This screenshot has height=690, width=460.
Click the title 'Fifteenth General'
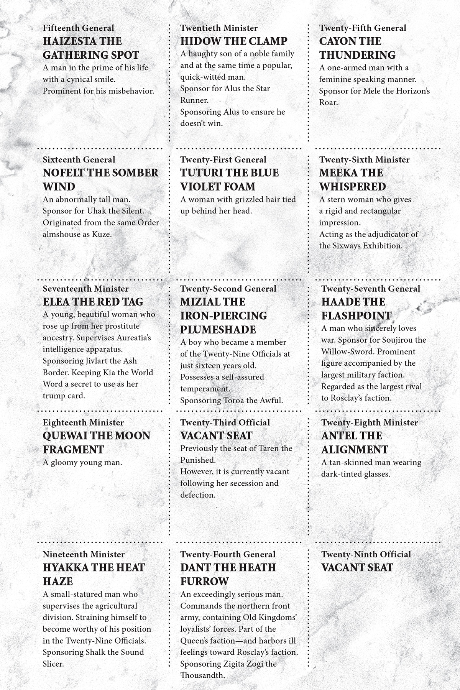click(x=79, y=28)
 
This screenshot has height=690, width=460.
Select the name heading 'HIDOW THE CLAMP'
click(x=234, y=41)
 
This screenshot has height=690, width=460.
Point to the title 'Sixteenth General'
click(x=79, y=159)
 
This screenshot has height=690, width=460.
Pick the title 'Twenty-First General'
click(x=223, y=159)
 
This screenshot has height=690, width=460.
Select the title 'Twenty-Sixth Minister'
click(x=365, y=159)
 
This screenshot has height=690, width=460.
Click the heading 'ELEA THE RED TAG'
click(x=93, y=302)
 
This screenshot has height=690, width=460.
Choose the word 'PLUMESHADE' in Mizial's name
click(x=218, y=329)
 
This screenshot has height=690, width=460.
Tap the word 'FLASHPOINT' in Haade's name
click(x=356, y=315)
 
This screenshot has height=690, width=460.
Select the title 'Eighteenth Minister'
click(x=84, y=422)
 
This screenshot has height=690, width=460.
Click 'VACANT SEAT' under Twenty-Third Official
click(x=217, y=435)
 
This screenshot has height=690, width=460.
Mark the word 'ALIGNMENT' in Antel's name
click(x=355, y=449)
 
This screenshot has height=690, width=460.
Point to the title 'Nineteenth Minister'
click(x=84, y=554)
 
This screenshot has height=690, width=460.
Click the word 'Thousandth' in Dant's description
click(x=202, y=675)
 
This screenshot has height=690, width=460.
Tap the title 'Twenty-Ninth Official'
click(x=366, y=554)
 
